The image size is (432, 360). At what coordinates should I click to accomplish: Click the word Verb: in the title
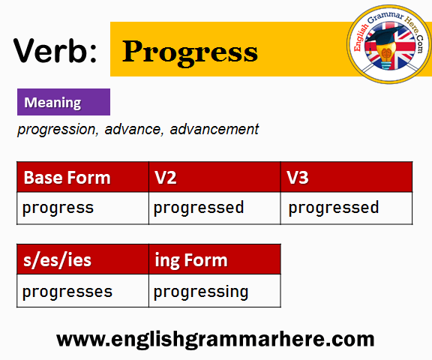click(x=55, y=51)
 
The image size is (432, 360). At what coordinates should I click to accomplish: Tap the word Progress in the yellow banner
click(x=190, y=52)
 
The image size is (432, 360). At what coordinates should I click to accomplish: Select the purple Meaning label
click(x=64, y=102)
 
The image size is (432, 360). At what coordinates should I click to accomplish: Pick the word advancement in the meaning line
click(x=214, y=129)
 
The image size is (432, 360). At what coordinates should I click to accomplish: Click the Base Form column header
click(x=82, y=177)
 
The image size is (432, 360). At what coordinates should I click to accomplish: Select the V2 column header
click(x=214, y=177)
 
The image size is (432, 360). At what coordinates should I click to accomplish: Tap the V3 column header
click(x=346, y=177)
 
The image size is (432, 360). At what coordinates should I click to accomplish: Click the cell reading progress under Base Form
click(x=82, y=208)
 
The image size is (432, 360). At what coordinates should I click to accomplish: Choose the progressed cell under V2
click(x=214, y=208)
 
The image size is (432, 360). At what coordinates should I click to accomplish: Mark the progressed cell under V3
click(x=346, y=208)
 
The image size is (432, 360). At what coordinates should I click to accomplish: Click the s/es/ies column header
click(x=82, y=259)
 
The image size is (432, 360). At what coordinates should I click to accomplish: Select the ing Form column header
click(x=214, y=259)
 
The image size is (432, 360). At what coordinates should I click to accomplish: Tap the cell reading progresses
click(x=82, y=290)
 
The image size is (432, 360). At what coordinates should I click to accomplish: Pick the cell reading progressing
click(x=214, y=290)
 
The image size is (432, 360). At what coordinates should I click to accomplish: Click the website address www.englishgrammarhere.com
click(x=215, y=339)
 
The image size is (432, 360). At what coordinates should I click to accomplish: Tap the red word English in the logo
click(x=361, y=37)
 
